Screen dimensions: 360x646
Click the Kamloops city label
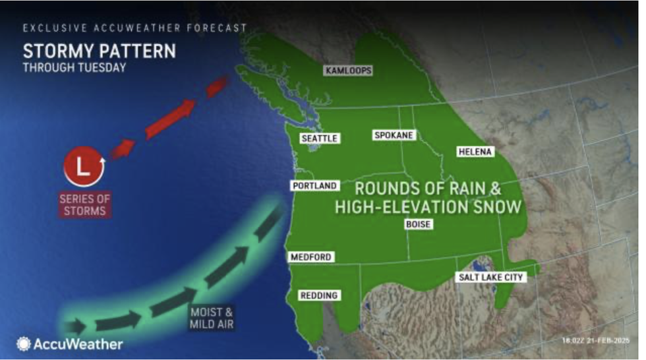click(348, 71)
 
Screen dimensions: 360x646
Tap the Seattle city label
click(320, 138)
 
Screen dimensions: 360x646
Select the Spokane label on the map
click(394, 135)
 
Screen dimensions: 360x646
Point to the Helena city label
click(475, 152)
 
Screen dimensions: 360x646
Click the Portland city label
click(315, 186)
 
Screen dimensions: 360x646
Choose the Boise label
click(418, 224)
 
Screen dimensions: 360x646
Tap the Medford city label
click(311, 257)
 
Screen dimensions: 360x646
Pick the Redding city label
click(318, 295)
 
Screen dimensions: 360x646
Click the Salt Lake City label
click(491, 278)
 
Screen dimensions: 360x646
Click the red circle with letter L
click(84, 167)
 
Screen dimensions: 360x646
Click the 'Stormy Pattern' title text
click(99, 51)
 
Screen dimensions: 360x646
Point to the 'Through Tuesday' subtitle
click(74, 67)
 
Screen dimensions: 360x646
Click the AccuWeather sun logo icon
click(24, 344)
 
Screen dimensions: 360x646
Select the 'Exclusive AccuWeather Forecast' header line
click(134, 28)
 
